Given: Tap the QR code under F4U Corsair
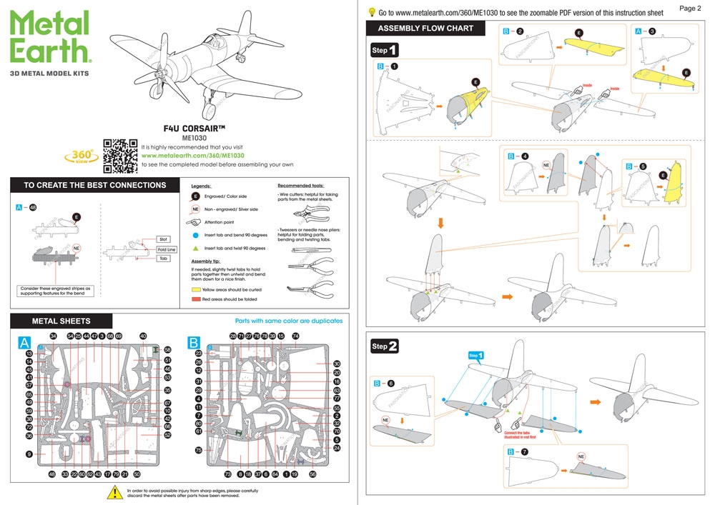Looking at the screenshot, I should [x=120, y=155].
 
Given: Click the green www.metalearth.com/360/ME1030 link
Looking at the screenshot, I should [x=193, y=155].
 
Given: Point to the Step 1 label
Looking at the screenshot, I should [x=385, y=51].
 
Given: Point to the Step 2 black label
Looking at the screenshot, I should [x=385, y=346].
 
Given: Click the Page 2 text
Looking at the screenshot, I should [x=690, y=9].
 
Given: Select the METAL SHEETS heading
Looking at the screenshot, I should [x=61, y=321].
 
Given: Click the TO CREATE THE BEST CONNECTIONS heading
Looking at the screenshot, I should [x=94, y=185].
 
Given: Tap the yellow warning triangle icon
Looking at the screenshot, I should [x=114, y=492].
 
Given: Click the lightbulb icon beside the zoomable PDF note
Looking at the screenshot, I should [x=372, y=11].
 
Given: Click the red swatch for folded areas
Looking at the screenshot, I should [x=195, y=300].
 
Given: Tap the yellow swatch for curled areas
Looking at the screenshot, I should [x=195, y=291].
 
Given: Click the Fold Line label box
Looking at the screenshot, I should [x=167, y=249].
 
